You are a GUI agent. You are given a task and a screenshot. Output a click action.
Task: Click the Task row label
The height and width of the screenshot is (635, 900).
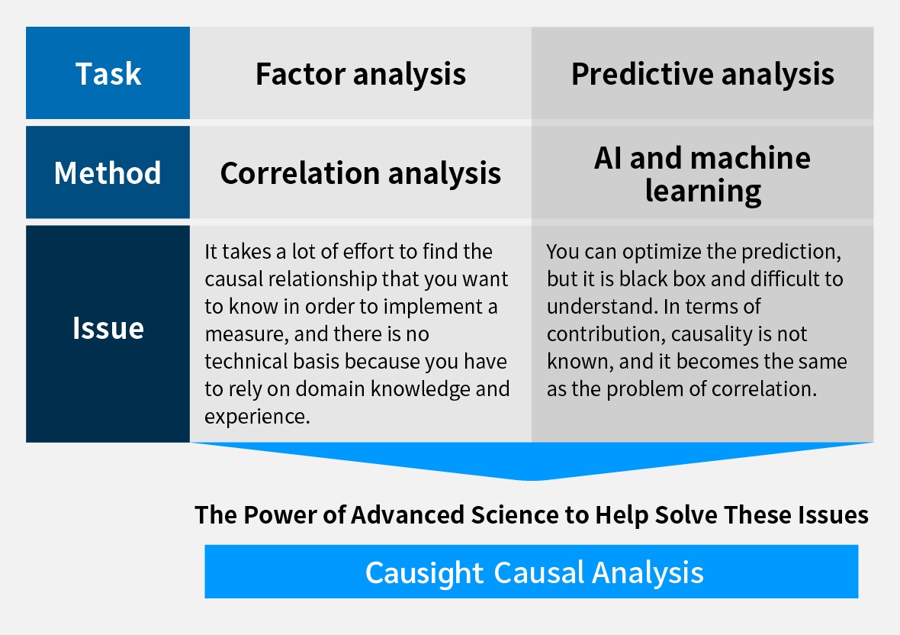[108, 74]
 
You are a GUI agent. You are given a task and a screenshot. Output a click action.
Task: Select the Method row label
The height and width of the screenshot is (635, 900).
[108, 173]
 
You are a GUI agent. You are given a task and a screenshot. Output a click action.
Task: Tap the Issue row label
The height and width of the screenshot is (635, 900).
[108, 328]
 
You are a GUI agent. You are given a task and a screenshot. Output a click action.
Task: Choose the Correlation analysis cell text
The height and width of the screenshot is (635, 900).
[360, 173]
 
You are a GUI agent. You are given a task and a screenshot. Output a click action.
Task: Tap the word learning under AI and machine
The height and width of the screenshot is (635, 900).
[702, 190]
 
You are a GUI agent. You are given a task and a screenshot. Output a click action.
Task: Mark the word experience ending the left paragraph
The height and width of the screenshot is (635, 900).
[256, 417]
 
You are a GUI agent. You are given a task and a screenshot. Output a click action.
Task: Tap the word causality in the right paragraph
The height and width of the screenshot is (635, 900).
[715, 334]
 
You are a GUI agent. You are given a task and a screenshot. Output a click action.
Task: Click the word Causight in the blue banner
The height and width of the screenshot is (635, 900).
[424, 572]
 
